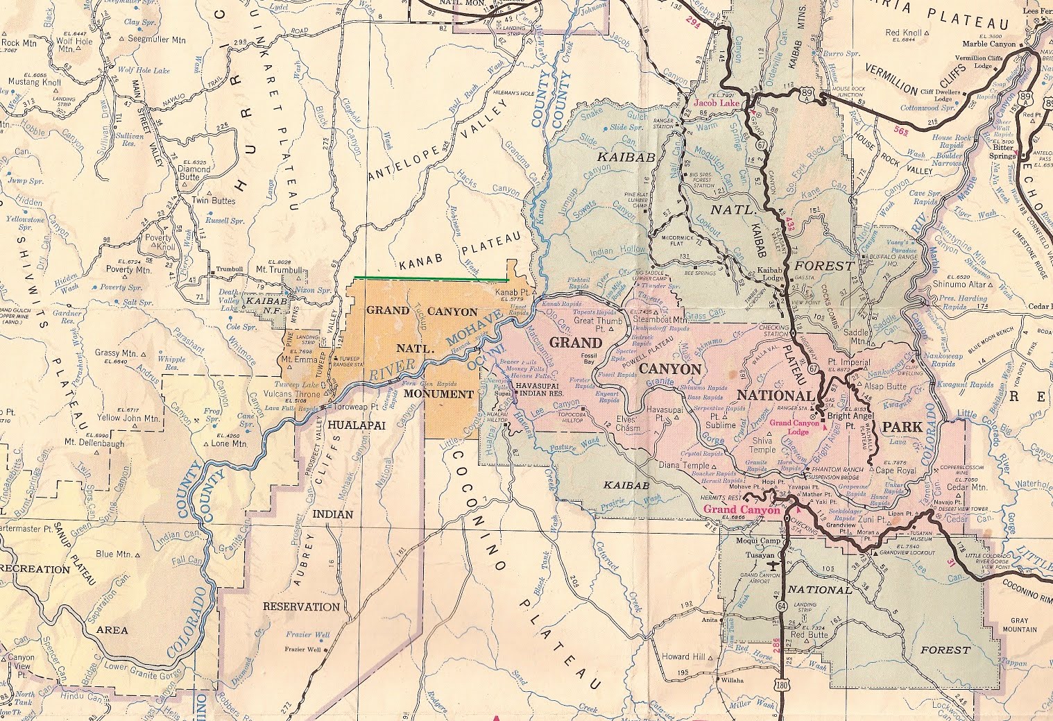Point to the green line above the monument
click(x=430, y=278)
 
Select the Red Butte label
click(x=809, y=634)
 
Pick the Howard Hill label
click(x=684, y=656)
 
